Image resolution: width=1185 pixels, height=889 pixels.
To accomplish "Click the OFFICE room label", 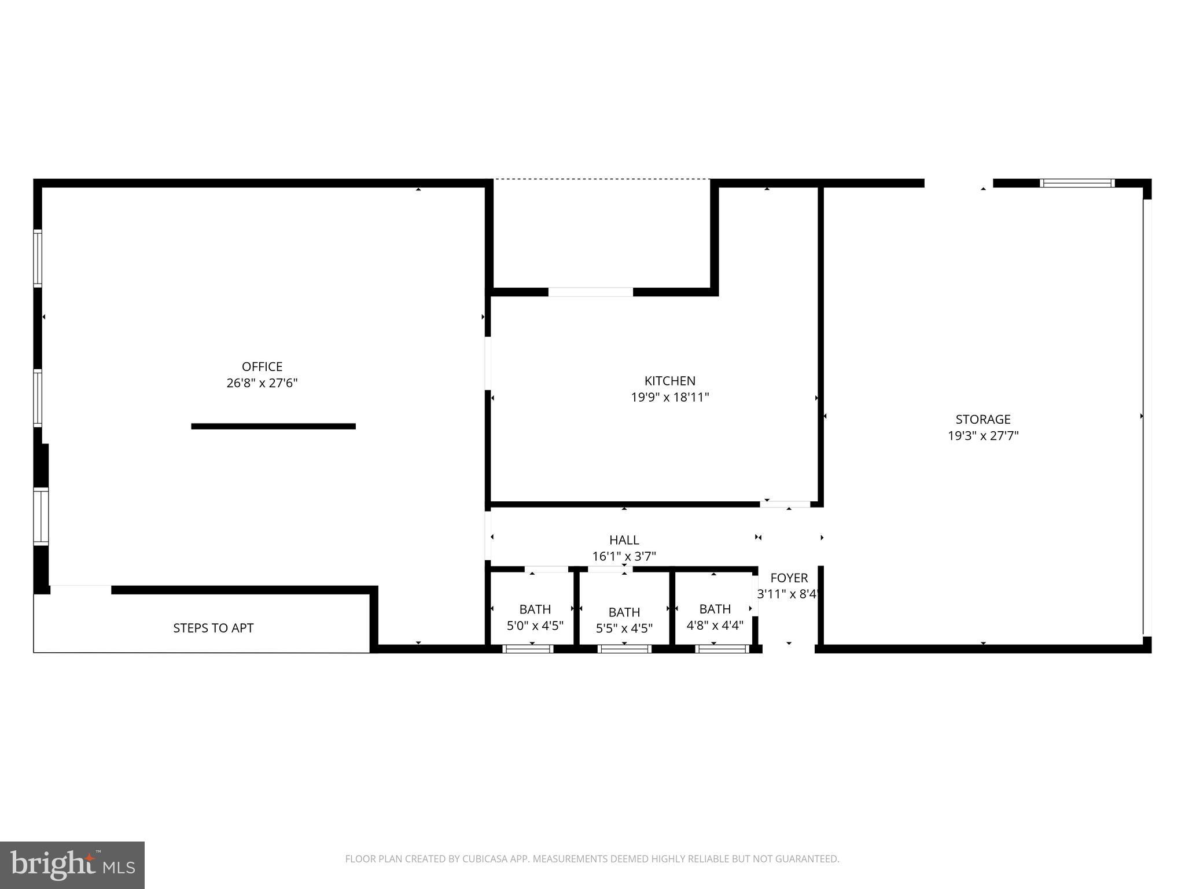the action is point(262,366).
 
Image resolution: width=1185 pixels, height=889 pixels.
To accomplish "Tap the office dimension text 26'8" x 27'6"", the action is point(262,383).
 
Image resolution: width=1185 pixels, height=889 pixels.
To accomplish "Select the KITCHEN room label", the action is point(670,381).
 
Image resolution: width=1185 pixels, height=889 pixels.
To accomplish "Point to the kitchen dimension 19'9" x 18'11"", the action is point(670,397).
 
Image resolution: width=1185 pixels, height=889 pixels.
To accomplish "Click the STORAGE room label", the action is point(983,419).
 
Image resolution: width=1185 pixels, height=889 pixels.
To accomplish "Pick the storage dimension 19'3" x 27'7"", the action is point(983,435).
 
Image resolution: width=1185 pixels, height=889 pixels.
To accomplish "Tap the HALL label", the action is point(624,540).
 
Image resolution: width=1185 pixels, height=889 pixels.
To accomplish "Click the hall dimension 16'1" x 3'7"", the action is point(624,556).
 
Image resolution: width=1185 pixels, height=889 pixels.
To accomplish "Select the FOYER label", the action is point(789,578).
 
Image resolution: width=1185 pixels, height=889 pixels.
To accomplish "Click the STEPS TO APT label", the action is point(214,628).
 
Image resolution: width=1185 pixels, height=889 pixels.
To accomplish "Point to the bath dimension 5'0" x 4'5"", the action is point(535,625).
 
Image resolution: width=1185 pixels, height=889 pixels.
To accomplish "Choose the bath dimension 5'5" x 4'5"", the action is point(624,628).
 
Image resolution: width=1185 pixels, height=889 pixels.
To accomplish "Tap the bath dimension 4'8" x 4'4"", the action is point(715,625).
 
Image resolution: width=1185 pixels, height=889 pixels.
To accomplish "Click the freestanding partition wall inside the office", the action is point(274,427).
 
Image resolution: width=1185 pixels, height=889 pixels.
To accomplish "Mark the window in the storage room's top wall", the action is point(1077,183).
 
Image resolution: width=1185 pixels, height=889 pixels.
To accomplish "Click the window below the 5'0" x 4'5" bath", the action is point(528,649).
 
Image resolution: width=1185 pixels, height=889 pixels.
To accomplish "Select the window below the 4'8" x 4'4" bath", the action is point(722,649).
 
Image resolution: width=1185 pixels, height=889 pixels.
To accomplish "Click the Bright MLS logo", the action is point(72,865).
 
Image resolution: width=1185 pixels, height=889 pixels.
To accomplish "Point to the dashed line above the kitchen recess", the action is point(602,179).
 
